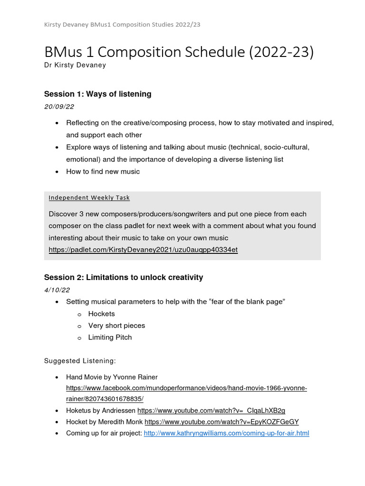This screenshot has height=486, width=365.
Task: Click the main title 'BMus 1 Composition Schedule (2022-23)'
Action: (x=179, y=52)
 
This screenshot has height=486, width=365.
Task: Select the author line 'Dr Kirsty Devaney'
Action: (x=75, y=65)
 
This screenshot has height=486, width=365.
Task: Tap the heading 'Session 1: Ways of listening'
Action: (x=97, y=94)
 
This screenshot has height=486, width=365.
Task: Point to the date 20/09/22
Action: (x=59, y=107)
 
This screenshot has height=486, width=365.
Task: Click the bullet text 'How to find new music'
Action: (x=103, y=171)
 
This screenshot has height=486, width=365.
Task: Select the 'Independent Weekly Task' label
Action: (x=89, y=197)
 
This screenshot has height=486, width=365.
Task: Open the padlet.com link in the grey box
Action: (x=143, y=250)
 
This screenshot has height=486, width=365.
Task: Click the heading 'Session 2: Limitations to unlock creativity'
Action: (x=123, y=277)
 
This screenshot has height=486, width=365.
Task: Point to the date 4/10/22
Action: (x=57, y=290)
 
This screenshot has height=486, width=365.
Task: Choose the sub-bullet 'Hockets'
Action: (x=101, y=314)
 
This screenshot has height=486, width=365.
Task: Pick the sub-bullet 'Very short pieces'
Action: (x=116, y=326)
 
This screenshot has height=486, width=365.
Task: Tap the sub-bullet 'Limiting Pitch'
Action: (x=110, y=337)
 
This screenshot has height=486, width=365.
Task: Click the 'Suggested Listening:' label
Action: (x=80, y=361)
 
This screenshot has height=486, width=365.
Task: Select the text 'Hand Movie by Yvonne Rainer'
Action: (x=112, y=377)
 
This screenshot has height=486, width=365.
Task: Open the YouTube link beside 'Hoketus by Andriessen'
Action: (x=211, y=411)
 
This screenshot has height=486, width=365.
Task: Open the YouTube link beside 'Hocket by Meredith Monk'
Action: (x=221, y=422)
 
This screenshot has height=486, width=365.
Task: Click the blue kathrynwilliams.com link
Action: (x=226, y=433)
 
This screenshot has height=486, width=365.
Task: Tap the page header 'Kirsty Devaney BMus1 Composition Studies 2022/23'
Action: (x=122, y=24)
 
